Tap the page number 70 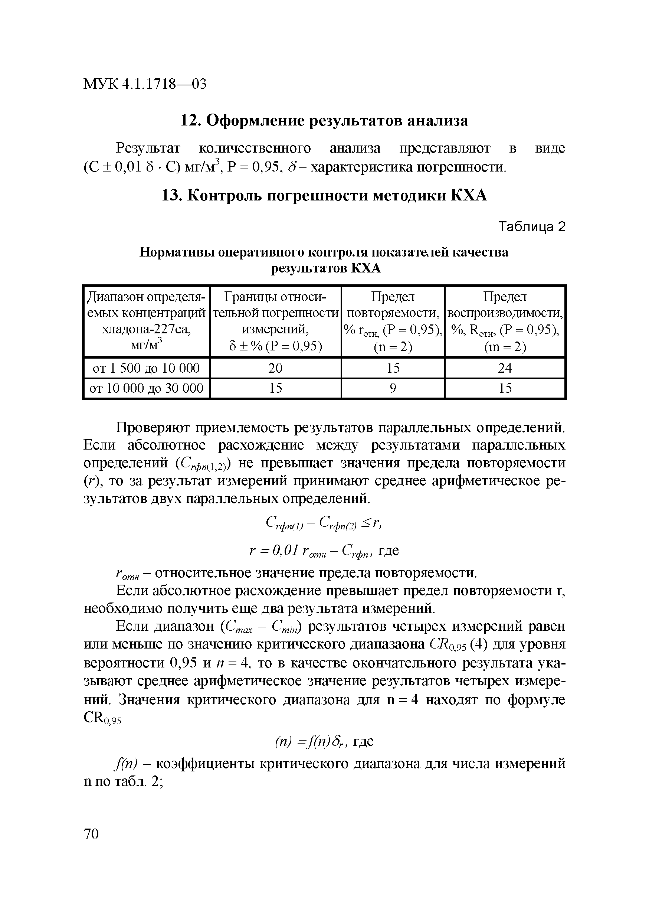[91, 834]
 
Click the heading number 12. [190, 120]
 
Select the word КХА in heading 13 [469, 196]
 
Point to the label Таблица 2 [531, 227]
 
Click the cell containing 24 [505, 368]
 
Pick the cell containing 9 [393, 388]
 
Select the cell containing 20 [275, 368]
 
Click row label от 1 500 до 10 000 [146, 368]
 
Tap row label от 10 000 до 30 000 [146, 388]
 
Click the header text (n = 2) [393, 347]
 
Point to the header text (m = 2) [505, 347]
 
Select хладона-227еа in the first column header [146, 330]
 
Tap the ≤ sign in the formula [367, 523]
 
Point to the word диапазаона [387, 644]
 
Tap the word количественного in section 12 [255, 148]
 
